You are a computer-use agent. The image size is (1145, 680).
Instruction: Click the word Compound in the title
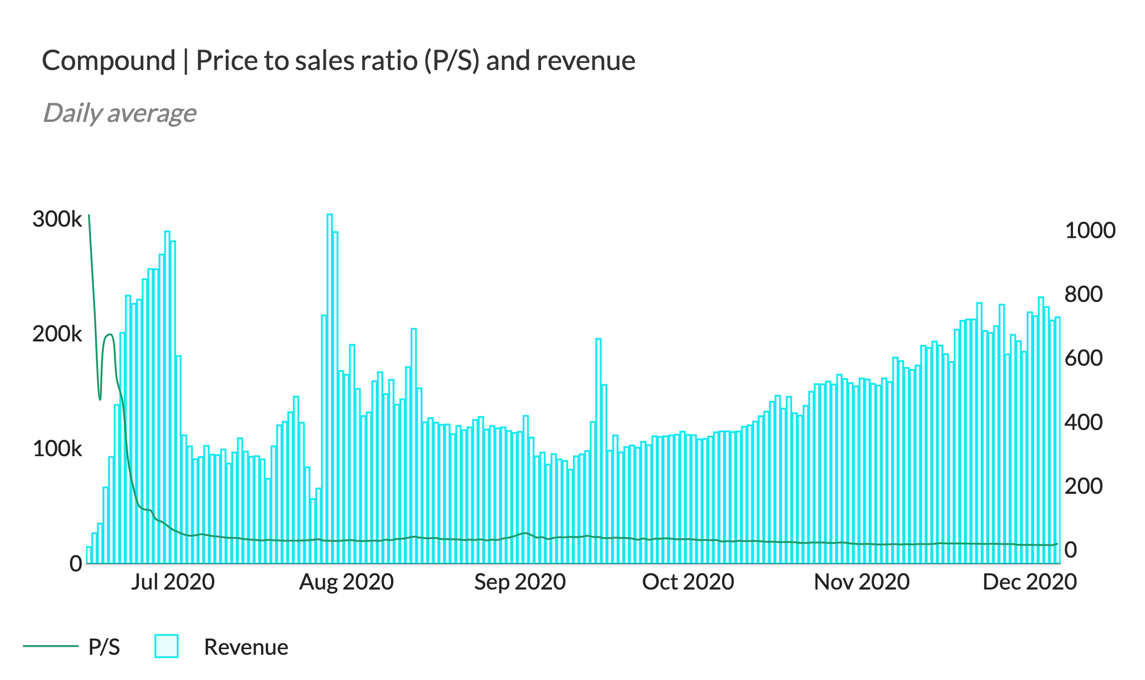pyautogui.click(x=109, y=61)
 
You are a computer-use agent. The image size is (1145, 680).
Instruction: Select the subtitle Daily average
pyautogui.click(x=120, y=113)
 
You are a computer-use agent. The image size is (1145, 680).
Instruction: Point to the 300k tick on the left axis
pyautogui.click(x=57, y=220)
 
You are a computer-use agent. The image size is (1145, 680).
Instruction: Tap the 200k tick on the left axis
pyautogui.click(x=57, y=334)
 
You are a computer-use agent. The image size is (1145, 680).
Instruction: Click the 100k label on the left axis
pyautogui.click(x=57, y=449)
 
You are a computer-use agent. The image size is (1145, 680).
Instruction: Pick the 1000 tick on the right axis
pyautogui.click(x=1090, y=230)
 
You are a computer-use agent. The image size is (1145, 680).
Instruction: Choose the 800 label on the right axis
pyautogui.click(x=1083, y=294)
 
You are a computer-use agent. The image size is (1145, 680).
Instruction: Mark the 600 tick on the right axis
pyautogui.click(x=1083, y=358)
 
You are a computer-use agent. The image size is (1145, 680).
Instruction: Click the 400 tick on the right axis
pyautogui.click(x=1083, y=422)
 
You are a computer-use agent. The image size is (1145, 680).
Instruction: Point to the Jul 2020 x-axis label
pyautogui.click(x=173, y=582)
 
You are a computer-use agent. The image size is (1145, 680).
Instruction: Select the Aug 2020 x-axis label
pyautogui.click(x=346, y=582)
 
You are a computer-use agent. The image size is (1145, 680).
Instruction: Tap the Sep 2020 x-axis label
pyautogui.click(x=520, y=582)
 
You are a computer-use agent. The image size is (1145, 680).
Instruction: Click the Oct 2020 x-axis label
pyautogui.click(x=688, y=582)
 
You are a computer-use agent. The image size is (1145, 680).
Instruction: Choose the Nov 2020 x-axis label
pyautogui.click(x=862, y=582)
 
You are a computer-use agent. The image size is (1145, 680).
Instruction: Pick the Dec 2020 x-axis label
pyautogui.click(x=1030, y=582)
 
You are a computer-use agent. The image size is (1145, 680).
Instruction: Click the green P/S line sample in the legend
pyautogui.click(x=50, y=646)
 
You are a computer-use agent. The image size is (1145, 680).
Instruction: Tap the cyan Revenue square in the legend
pyautogui.click(x=166, y=646)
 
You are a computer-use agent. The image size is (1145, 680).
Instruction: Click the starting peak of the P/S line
pyautogui.click(x=89, y=216)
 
